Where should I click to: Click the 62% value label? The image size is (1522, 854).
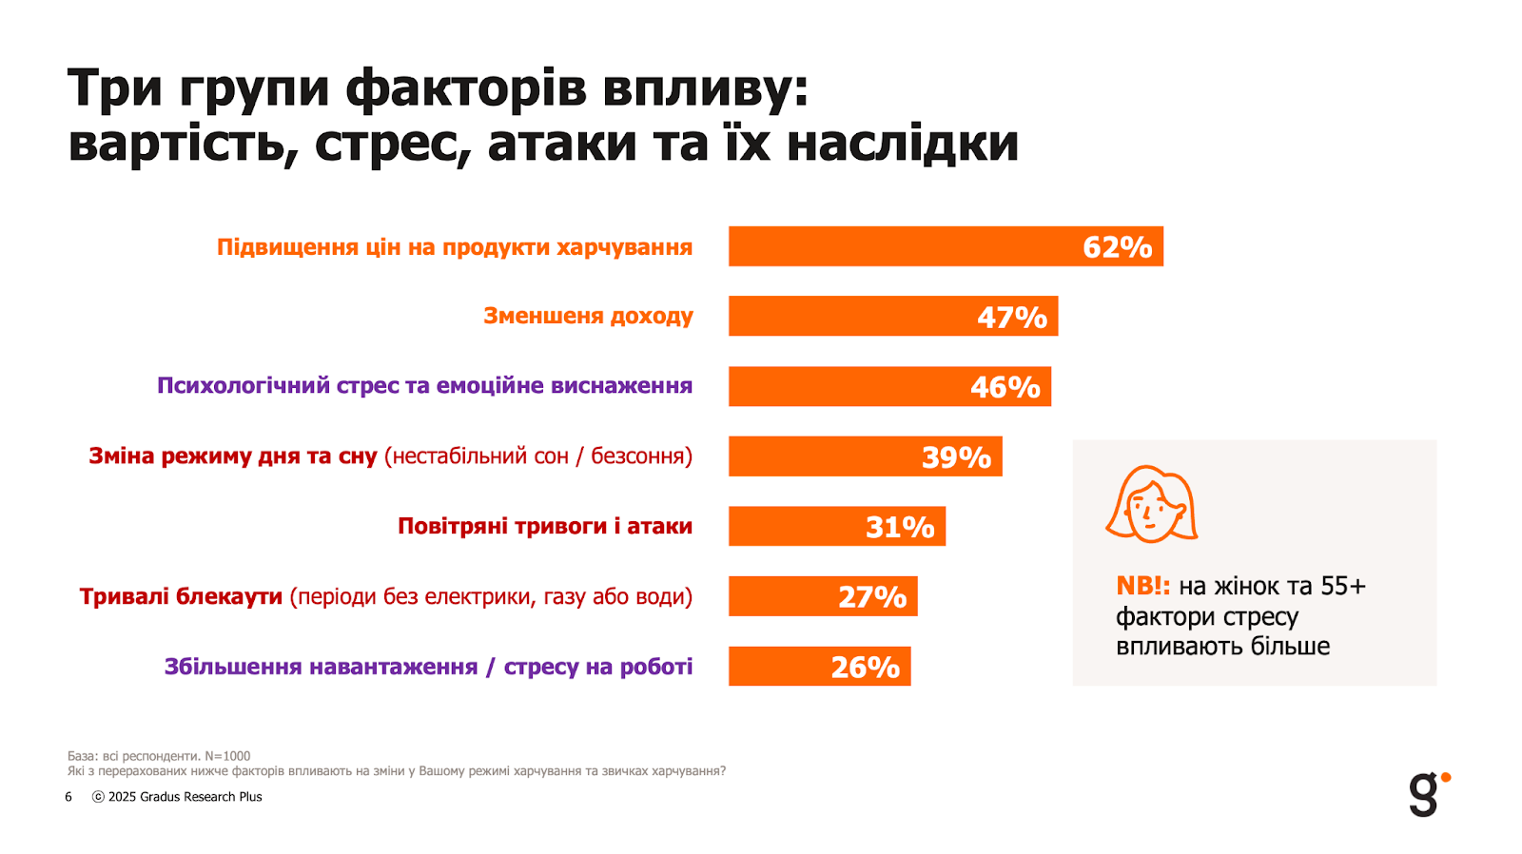1117,247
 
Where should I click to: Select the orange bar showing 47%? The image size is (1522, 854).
856,317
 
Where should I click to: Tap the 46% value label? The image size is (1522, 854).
1005,387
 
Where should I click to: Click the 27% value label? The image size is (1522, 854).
871,597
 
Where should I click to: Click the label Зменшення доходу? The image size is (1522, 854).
588,316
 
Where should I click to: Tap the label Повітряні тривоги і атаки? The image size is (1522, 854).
544,526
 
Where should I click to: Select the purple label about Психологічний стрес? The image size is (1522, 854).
424,386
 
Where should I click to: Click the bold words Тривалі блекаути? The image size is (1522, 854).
181,596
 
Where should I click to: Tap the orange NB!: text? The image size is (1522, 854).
1142,586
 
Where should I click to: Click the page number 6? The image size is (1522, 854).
68,797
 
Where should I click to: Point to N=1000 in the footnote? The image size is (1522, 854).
227,756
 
